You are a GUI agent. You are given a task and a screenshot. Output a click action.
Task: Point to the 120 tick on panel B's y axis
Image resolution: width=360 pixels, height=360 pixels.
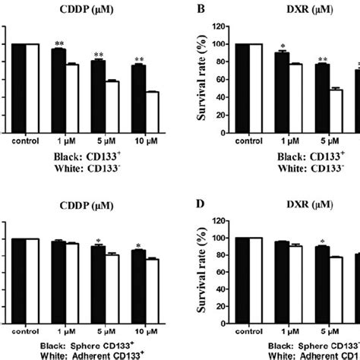pos(222,27)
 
